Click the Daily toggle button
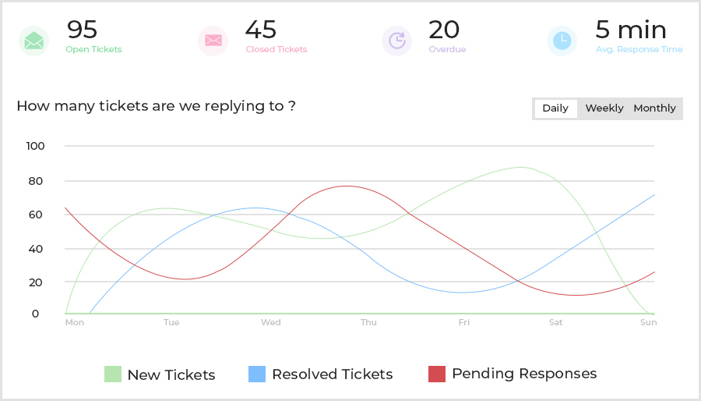[555, 108]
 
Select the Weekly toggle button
[604, 108]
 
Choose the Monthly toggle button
[654, 108]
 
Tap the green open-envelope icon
[33, 41]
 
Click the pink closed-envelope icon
[213, 41]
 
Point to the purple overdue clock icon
[396, 41]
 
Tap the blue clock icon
[562, 41]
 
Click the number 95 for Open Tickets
[82, 30]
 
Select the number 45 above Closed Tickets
[260, 30]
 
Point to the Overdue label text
[447, 50]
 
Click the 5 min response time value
[631, 30]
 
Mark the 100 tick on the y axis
[36, 146]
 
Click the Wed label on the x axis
[271, 322]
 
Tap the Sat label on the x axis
[555, 322]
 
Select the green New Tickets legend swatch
[113, 374]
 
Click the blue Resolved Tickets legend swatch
[257, 374]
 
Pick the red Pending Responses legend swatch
[437, 374]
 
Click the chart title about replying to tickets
[156, 106]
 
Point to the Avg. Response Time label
[639, 50]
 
